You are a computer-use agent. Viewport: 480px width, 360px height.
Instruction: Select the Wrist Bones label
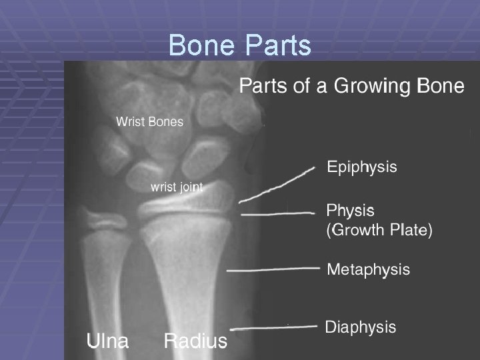(149, 122)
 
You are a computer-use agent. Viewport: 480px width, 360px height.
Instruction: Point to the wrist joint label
(176, 187)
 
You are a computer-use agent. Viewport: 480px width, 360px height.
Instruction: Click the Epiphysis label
(361, 167)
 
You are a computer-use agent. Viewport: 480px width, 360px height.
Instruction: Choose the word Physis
(350, 211)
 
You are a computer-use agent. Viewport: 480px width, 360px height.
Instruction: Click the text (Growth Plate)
(379, 231)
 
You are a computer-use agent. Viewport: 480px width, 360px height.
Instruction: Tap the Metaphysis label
(368, 269)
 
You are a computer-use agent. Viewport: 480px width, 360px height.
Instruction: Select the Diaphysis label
(360, 327)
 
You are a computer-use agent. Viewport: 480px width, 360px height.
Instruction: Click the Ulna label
(108, 341)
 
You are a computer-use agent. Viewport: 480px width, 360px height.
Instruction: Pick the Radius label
(195, 341)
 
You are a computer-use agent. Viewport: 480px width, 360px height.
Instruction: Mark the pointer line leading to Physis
(277, 213)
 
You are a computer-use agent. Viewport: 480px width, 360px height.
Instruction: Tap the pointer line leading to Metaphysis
(274, 269)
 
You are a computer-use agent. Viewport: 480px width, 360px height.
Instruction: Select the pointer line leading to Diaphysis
(273, 327)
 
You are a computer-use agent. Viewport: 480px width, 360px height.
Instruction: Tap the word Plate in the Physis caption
(410, 231)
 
